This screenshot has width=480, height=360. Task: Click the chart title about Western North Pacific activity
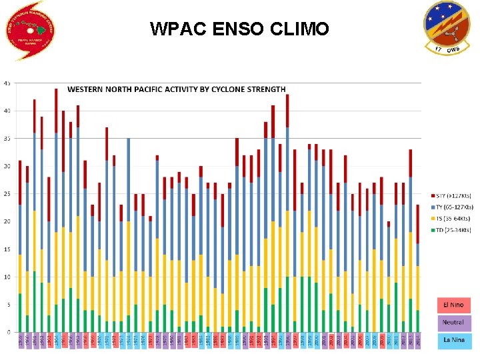(x=176, y=89)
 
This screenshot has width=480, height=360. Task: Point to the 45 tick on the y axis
(x=7, y=83)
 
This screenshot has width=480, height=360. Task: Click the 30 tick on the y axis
(x=7, y=166)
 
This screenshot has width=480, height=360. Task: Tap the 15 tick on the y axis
(x=7, y=249)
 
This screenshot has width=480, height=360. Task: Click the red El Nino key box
(x=453, y=305)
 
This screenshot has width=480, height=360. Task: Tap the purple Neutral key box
(x=453, y=323)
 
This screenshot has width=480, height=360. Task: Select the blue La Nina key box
(x=453, y=341)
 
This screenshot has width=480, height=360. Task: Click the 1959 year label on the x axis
(x=20, y=341)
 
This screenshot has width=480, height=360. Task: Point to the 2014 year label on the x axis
(x=417, y=341)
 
